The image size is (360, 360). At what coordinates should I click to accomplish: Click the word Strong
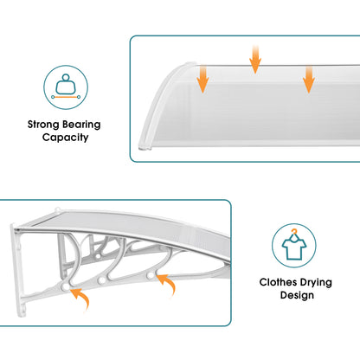point(43,125)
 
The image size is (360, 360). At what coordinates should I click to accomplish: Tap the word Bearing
point(81,125)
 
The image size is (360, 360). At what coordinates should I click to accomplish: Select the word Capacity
point(65,138)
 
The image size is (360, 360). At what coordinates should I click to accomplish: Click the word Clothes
point(278,282)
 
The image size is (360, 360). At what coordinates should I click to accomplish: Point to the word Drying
point(315,283)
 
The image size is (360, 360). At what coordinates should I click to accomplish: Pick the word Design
point(297,295)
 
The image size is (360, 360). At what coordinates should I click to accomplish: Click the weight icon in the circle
point(66,84)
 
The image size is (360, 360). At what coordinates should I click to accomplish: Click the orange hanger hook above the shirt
point(294,232)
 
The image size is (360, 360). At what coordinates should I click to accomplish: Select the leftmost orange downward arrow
point(202,79)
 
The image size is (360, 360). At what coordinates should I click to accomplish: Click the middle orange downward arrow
point(255,59)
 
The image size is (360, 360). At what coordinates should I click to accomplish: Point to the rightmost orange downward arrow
point(309,79)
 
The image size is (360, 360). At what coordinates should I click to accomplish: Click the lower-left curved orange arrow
point(81,298)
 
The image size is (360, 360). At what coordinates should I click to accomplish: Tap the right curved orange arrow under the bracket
point(167,284)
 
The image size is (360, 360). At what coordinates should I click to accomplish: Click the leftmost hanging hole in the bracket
point(66,286)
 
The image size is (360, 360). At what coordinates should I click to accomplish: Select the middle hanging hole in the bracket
point(101,280)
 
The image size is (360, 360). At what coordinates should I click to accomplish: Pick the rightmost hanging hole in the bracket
point(150,275)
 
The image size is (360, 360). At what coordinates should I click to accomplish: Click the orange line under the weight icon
point(66,97)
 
